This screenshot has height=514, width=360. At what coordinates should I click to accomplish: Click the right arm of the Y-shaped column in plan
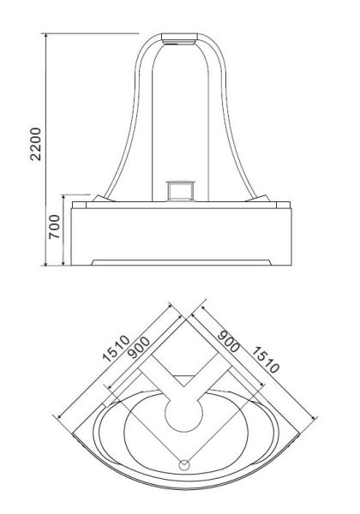click(x=211, y=377)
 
